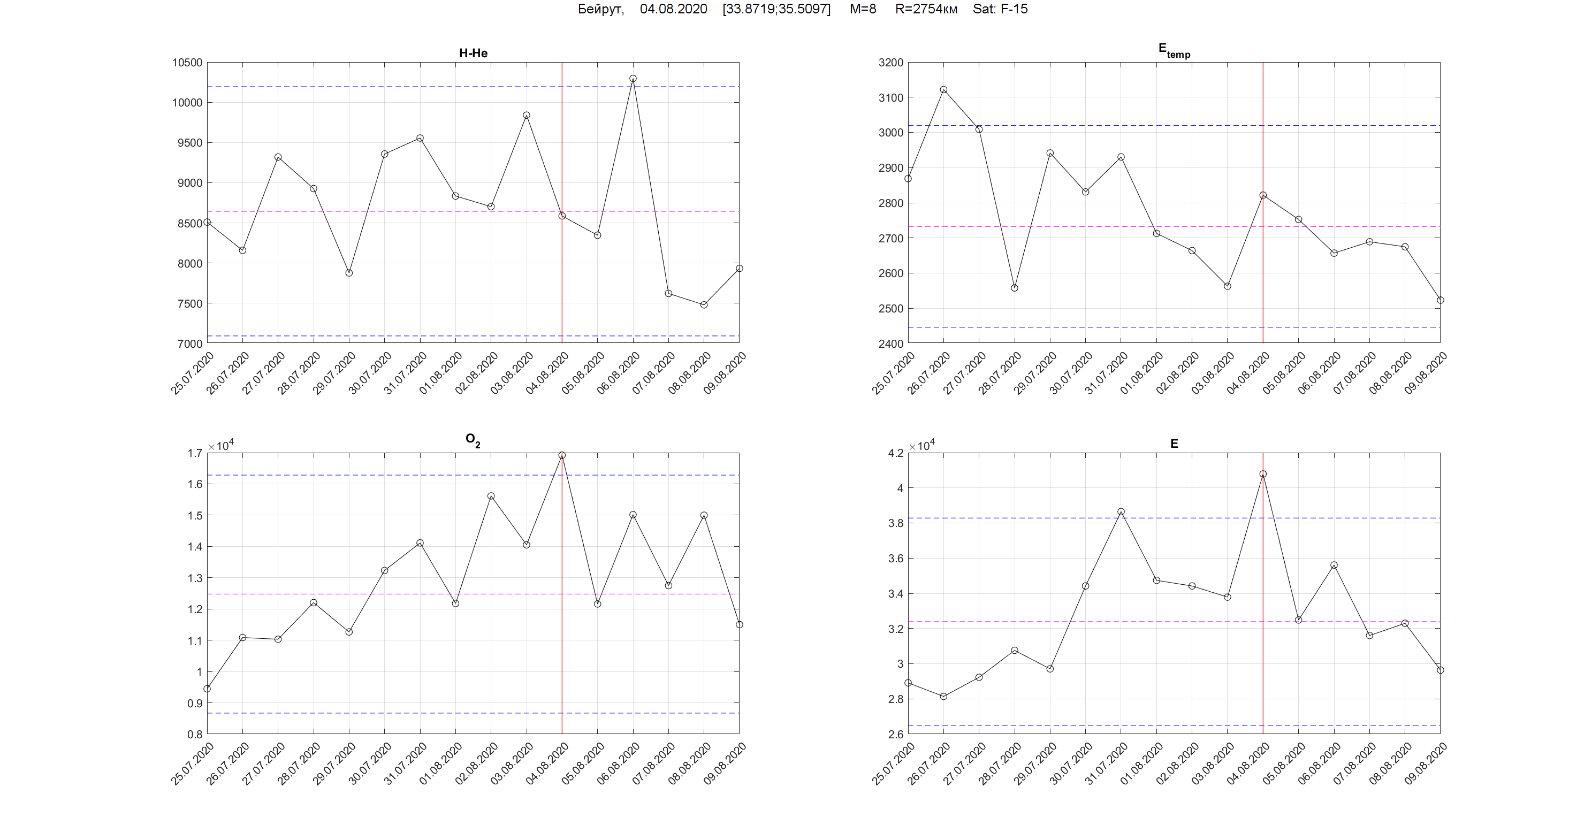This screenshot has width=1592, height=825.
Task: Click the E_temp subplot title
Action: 1174,50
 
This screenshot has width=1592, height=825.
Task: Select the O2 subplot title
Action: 473,440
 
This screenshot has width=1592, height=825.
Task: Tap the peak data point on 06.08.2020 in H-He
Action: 633,79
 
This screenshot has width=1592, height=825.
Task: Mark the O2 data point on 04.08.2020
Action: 562,455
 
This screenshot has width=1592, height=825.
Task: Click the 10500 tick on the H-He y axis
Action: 187,63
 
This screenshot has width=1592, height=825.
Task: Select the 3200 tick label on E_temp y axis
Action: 890,63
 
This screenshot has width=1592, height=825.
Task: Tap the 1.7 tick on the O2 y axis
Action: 195,453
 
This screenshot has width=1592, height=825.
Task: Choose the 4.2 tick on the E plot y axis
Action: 895,453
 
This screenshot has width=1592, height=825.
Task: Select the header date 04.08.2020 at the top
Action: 673,9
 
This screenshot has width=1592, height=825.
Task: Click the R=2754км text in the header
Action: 926,9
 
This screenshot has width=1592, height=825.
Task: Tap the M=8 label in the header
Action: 863,9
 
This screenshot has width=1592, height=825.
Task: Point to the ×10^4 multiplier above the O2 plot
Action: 220,446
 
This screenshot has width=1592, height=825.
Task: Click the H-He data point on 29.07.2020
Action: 349,272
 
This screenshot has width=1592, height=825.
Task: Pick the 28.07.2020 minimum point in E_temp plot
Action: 1015,288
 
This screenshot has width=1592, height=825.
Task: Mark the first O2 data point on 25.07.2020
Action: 207,689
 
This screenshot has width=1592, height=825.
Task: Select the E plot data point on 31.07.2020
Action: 1121,511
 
